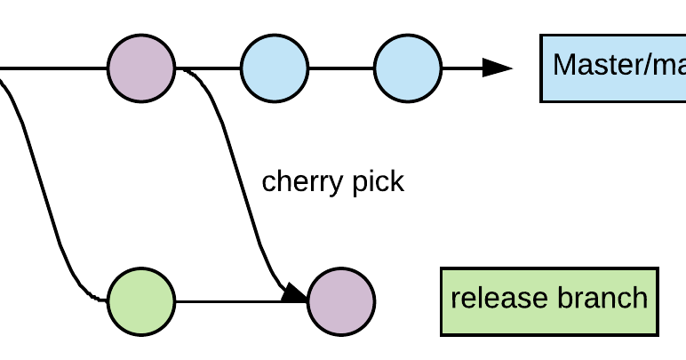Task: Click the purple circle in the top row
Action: (x=141, y=68)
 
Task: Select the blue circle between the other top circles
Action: (x=275, y=68)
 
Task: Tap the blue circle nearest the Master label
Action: (x=408, y=68)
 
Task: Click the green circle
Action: (x=141, y=301)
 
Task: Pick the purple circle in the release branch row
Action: (x=341, y=301)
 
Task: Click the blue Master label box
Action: (x=613, y=68)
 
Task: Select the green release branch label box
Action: (x=549, y=301)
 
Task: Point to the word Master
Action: (x=599, y=65)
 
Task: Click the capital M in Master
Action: (x=563, y=65)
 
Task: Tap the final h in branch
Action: (x=641, y=298)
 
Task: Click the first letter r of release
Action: (x=455, y=299)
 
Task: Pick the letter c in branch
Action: (x=624, y=299)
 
